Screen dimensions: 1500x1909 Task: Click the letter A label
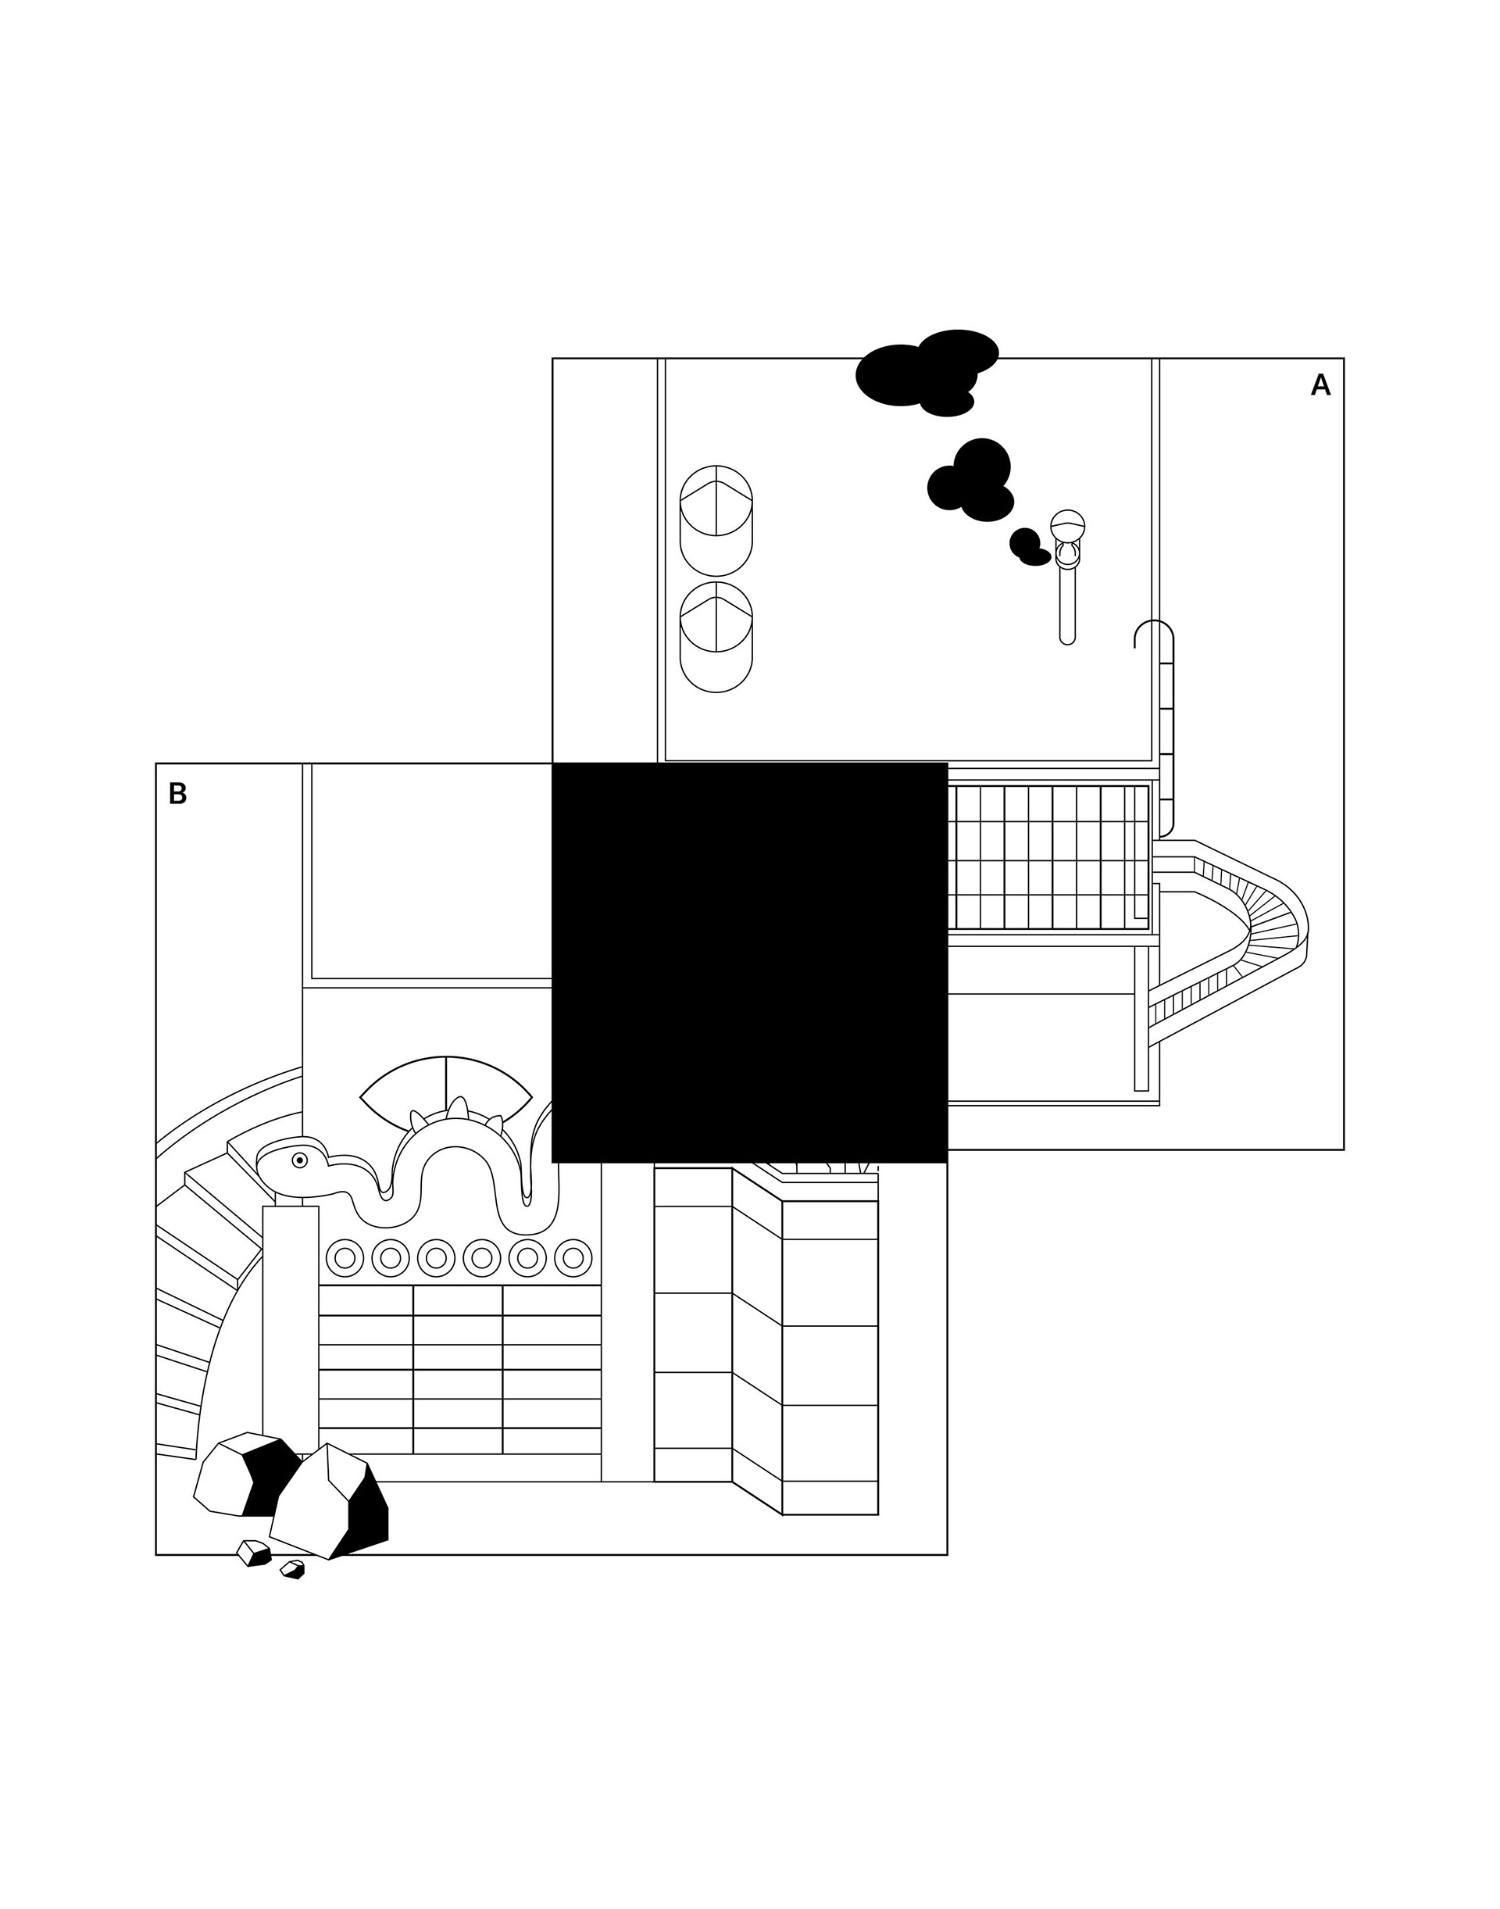[1320, 386]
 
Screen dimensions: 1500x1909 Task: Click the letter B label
[177, 794]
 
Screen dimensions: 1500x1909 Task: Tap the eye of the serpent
[299, 1160]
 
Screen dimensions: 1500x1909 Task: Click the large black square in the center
[749, 962]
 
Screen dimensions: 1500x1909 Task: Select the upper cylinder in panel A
[716, 520]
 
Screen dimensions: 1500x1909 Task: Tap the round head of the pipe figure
[1067, 525]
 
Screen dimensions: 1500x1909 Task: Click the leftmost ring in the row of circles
[345, 1258]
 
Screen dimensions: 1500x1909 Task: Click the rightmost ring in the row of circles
[573, 1258]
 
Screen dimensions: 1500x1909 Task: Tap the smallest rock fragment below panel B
[293, 1570]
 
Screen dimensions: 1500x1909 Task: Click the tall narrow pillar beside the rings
[290, 1327]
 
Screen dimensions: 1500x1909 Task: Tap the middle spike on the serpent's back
[458, 1109]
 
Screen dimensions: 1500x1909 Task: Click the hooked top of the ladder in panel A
[1153, 632]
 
